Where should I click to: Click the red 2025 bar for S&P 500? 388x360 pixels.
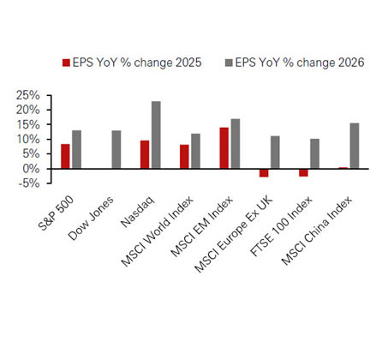pyautogui.click(x=65, y=156)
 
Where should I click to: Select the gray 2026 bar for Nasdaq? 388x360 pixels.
pyautogui.click(x=156, y=135)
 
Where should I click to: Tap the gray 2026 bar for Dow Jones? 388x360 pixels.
pyautogui.click(x=116, y=149)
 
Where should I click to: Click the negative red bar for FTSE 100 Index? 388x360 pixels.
pyautogui.click(x=303, y=172)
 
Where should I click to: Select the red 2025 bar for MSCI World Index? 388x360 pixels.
pyautogui.click(x=184, y=156)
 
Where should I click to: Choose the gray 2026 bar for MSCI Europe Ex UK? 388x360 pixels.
pyautogui.click(x=275, y=152)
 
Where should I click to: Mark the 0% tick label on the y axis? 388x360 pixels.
pyautogui.click(x=32, y=168)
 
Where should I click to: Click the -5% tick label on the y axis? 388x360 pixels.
pyautogui.click(x=31, y=183)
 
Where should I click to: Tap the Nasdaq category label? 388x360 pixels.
pyautogui.click(x=137, y=204)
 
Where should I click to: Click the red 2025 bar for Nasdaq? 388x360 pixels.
pyautogui.click(x=145, y=154)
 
